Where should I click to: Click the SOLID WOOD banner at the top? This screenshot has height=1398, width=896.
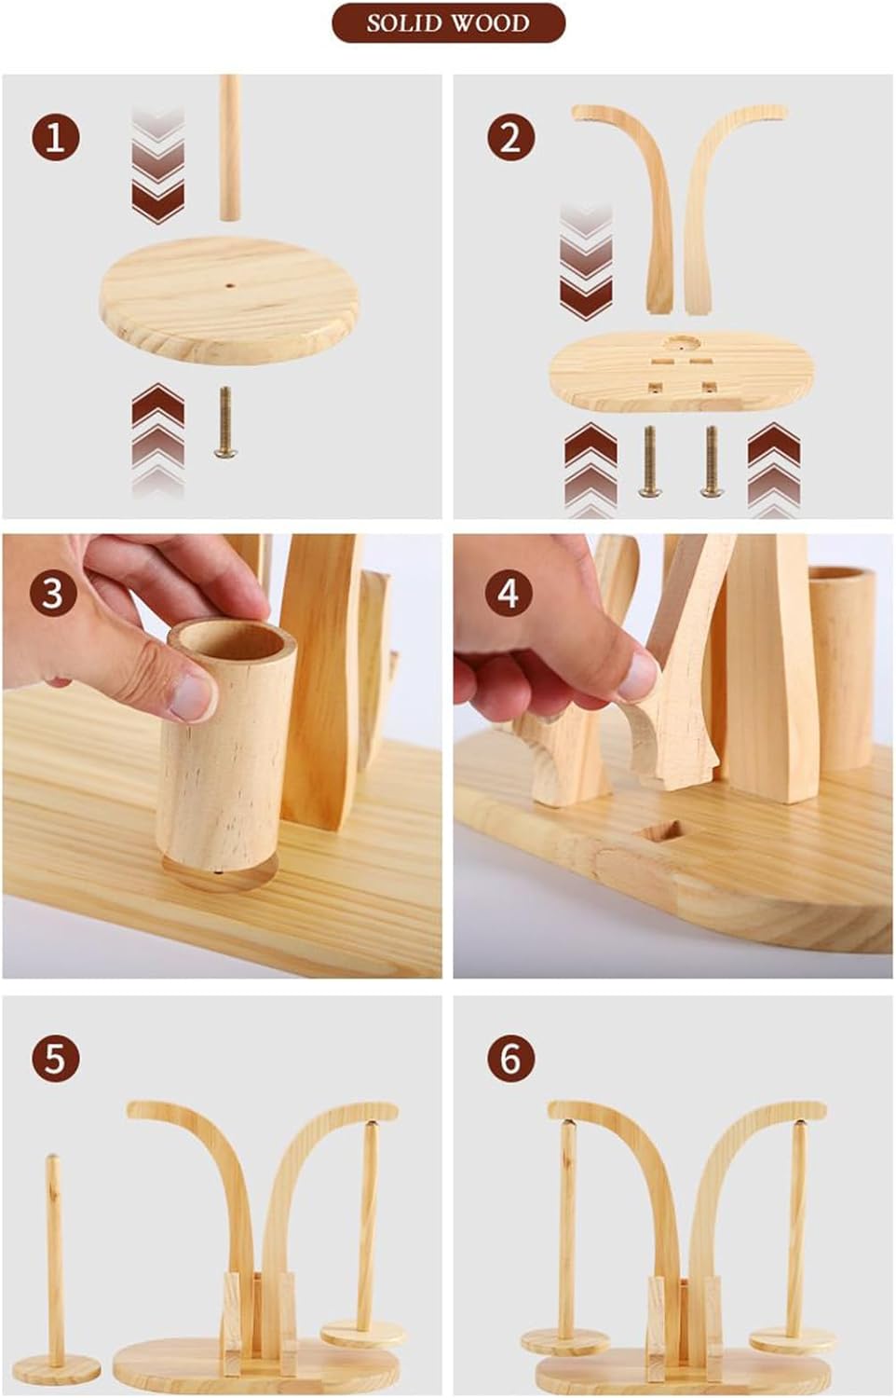click(448, 23)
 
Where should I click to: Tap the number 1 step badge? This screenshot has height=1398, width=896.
click(56, 138)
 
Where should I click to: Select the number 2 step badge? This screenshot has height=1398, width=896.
click(510, 138)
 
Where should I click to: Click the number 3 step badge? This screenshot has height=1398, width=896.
click(53, 593)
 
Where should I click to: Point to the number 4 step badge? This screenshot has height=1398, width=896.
click(509, 593)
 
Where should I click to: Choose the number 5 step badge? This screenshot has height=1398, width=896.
click(56, 1059)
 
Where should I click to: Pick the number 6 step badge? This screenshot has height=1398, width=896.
click(510, 1059)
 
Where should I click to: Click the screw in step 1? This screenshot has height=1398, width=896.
click(225, 422)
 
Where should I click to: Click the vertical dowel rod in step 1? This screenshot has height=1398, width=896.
click(230, 148)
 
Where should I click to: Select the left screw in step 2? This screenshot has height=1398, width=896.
click(650, 461)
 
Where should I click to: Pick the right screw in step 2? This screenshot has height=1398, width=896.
click(711, 461)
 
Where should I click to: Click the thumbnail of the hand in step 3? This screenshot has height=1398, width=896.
click(193, 696)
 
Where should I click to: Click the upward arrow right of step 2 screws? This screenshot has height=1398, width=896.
click(773, 470)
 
